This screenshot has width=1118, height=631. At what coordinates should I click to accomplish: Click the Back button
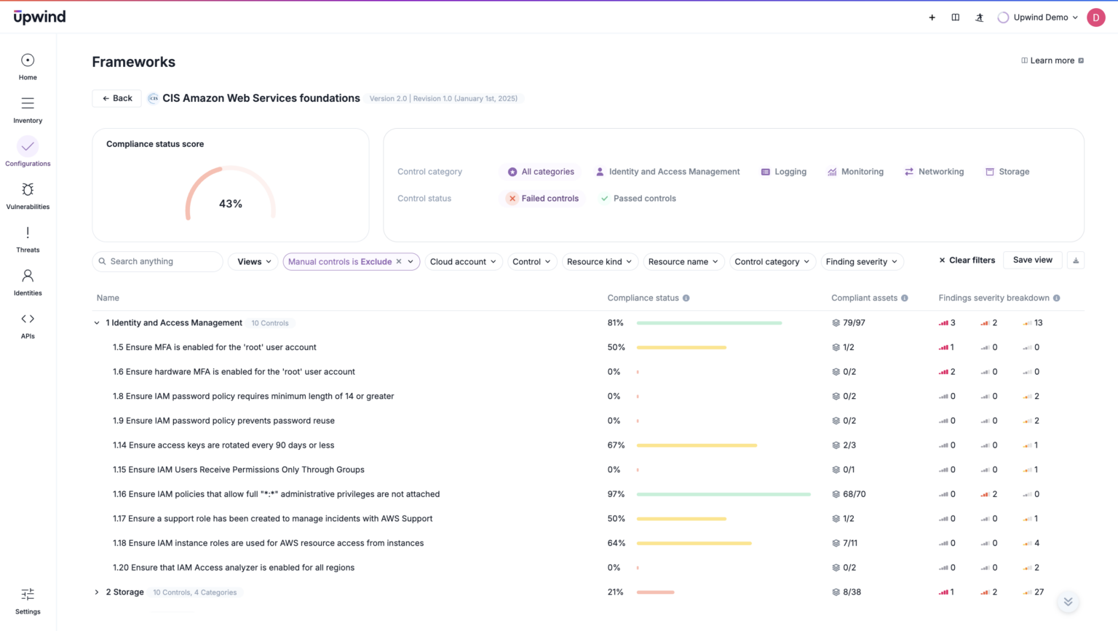click(116, 98)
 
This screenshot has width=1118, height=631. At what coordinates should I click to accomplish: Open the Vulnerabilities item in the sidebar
click(28, 196)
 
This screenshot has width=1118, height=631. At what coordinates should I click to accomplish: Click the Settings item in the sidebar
click(28, 601)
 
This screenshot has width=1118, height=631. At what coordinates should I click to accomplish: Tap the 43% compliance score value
click(231, 204)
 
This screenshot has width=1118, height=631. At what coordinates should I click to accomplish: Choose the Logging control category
click(783, 172)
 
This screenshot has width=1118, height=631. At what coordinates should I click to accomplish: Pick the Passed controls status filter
click(638, 198)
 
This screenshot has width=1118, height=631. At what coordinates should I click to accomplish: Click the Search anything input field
click(162, 261)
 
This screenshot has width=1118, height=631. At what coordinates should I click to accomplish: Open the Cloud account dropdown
click(463, 261)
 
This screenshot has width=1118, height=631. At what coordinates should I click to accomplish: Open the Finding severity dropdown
click(862, 261)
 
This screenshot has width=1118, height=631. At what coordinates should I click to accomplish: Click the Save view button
click(1032, 260)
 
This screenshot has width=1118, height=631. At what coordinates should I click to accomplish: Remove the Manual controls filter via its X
click(399, 261)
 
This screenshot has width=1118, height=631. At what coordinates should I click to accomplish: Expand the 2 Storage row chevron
click(97, 592)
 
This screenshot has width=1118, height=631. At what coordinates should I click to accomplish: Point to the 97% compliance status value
click(616, 494)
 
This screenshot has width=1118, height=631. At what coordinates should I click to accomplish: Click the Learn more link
click(1052, 60)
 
